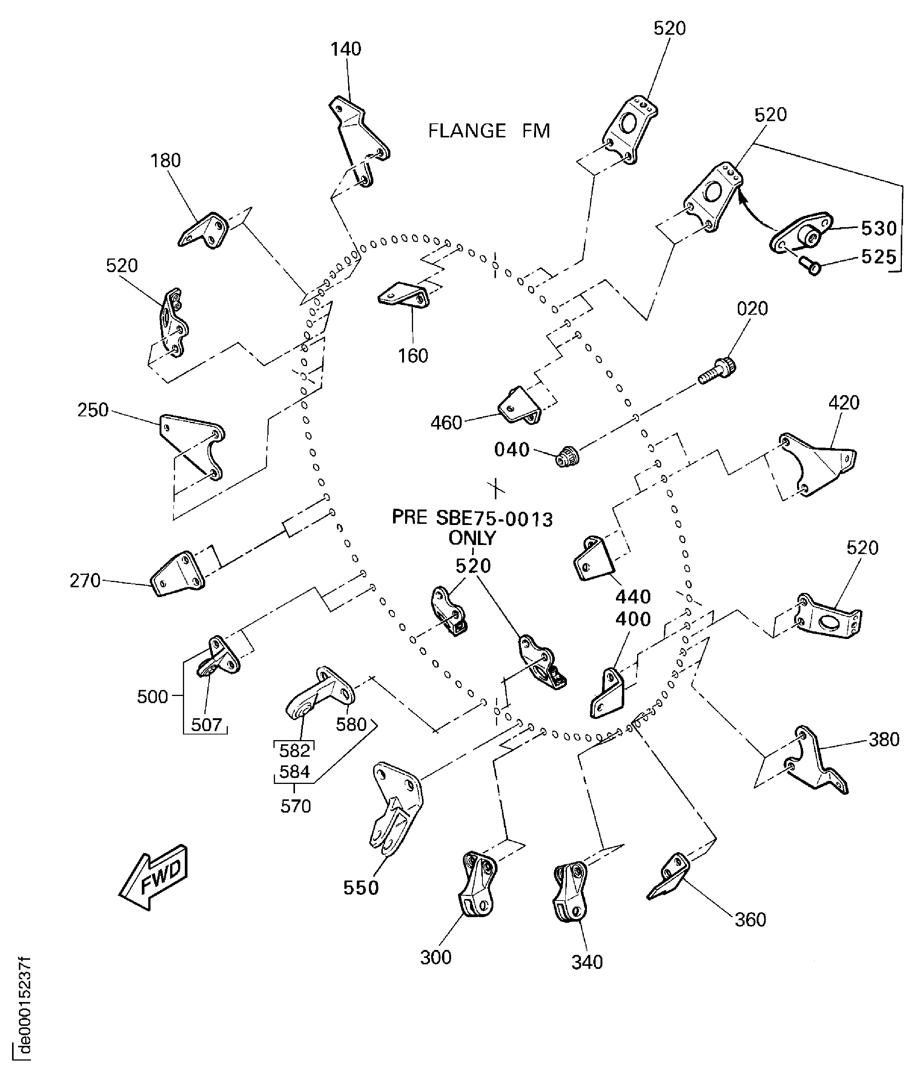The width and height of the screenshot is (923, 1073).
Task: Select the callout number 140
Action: [346, 49]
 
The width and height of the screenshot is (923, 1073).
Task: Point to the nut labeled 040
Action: [567, 458]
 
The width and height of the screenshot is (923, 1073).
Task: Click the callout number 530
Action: [879, 228]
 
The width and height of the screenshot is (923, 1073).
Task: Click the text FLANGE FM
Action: [489, 131]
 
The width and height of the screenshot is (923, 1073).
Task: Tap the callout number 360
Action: [750, 920]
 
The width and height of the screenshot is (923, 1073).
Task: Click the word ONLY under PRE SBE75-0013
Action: [472, 539]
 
